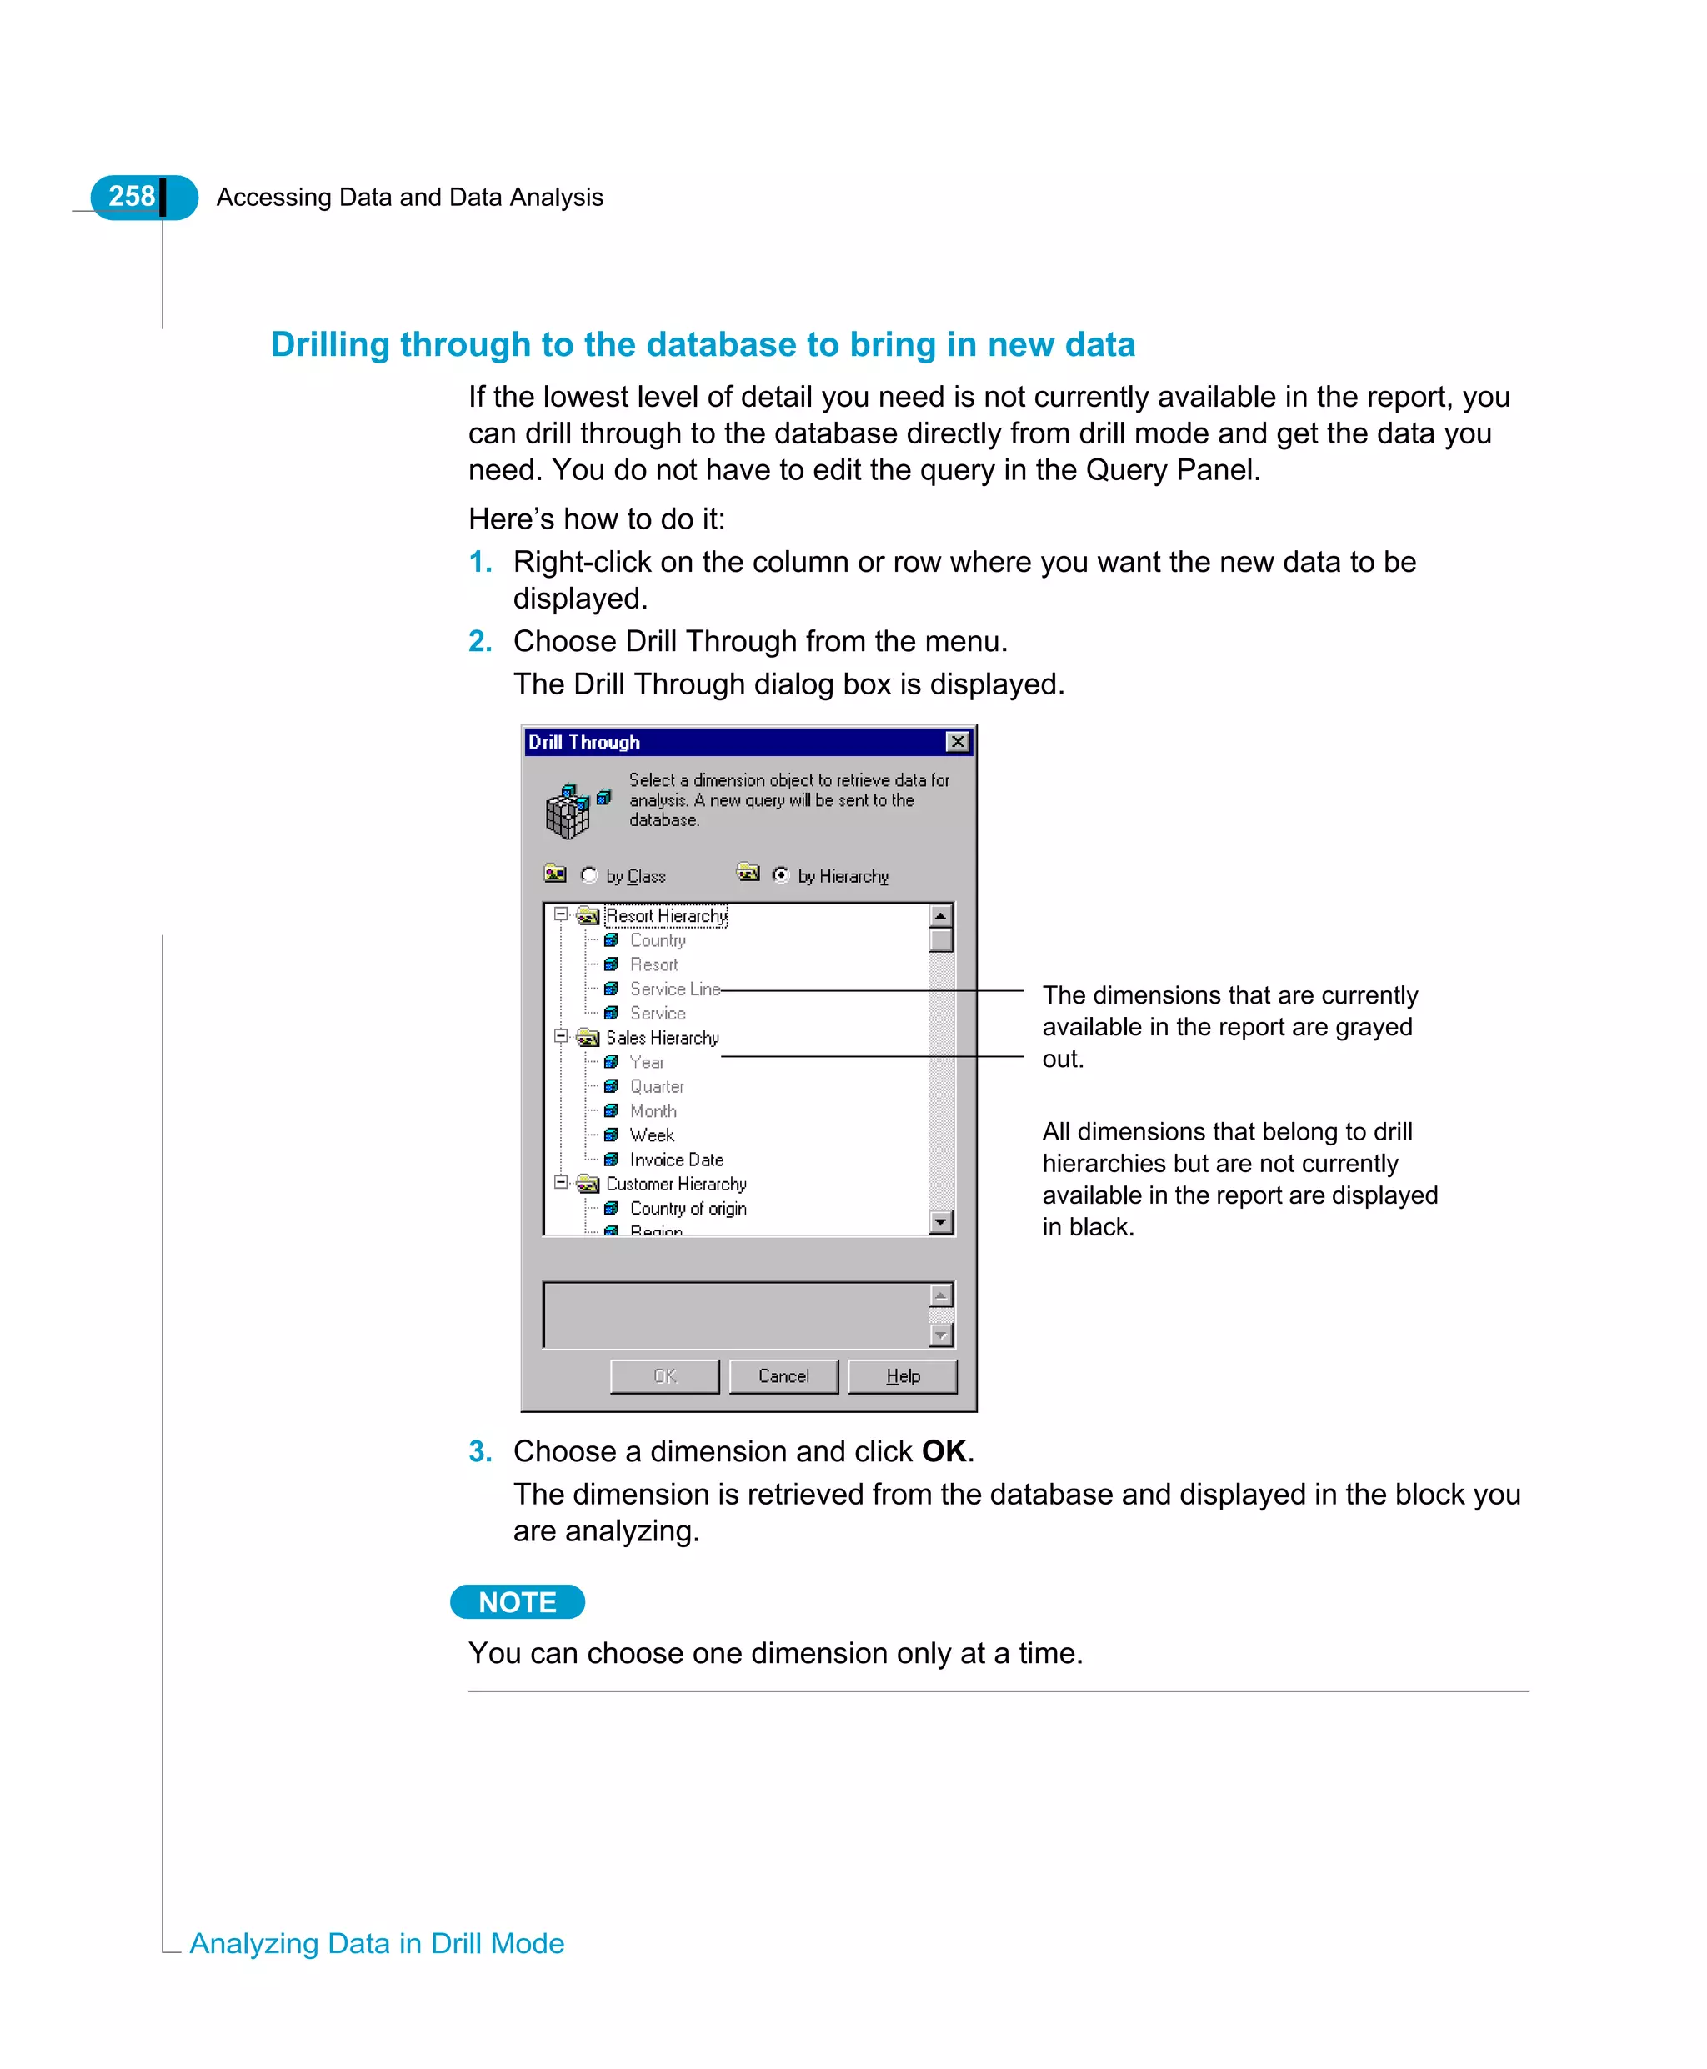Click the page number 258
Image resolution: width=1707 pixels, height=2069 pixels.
[x=132, y=197]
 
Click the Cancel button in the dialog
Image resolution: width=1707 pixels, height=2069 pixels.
[x=783, y=1375]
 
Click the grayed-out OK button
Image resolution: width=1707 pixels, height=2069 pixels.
[x=664, y=1375]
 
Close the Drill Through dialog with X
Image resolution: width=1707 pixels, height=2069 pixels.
[x=957, y=741]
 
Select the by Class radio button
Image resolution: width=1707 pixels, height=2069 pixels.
[x=589, y=874]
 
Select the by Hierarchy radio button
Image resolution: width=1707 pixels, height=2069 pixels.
[x=781, y=874]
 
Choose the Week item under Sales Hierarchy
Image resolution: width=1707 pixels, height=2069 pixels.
[x=651, y=1135]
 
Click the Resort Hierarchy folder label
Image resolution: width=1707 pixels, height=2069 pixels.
[x=666, y=915]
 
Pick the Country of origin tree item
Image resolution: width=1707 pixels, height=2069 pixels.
[x=688, y=1208]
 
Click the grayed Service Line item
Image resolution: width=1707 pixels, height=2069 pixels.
[x=674, y=989]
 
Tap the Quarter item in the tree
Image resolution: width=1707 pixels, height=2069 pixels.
[x=656, y=1085]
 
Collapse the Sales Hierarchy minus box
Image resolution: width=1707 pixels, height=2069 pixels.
[x=560, y=1036]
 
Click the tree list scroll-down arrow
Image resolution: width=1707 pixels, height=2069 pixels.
[x=941, y=1221]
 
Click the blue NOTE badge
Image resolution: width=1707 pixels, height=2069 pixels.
[x=518, y=1602]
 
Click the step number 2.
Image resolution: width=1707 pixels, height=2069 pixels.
[x=480, y=641]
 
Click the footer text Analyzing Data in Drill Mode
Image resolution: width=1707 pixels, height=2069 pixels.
[x=377, y=1943]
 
